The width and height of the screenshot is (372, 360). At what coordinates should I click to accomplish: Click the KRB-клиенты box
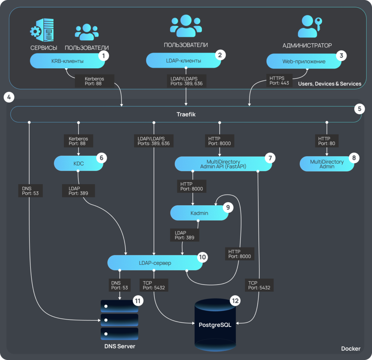68,61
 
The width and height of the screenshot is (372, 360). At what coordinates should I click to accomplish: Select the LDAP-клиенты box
184,61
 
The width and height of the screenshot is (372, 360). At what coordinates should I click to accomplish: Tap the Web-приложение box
304,61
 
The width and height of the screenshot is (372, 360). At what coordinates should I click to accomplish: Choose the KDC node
79,163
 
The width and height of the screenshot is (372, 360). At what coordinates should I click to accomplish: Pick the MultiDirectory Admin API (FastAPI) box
223,164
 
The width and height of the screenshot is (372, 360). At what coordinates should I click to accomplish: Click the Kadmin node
199,213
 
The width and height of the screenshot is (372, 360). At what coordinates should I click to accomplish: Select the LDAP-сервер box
155,263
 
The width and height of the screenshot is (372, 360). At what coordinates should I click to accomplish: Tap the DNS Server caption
120,346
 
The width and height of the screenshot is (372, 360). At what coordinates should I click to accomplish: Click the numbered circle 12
235,301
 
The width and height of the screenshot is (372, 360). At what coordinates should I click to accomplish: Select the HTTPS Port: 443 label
279,80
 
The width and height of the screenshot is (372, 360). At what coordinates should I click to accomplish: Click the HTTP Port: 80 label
327,141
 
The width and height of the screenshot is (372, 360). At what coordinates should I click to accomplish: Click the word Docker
351,349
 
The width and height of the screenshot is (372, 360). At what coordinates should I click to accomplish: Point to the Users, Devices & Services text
329,84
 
